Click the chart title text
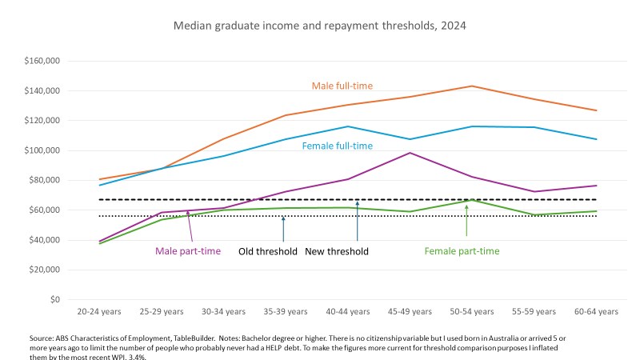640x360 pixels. pyautogui.click(x=319, y=26)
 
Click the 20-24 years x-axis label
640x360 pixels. pyautogui.click(x=99, y=311)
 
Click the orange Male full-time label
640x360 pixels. pyautogui.click(x=342, y=86)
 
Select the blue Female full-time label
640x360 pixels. pyautogui.click(x=337, y=146)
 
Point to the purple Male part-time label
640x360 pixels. pyautogui.click(x=187, y=251)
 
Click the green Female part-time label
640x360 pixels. pyautogui.click(x=462, y=251)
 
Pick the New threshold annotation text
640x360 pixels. pyautogui.click(x=337, y=251)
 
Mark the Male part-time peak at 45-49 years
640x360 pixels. pyautogui.click(x=410, y=153)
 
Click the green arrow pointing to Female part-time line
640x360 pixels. pyautogui.click(x=466, y=220)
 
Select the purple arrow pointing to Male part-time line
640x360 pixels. pyautogui.click(x=190, y=226)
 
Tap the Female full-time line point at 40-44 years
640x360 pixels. pyautogui.click(x=348, y=126)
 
